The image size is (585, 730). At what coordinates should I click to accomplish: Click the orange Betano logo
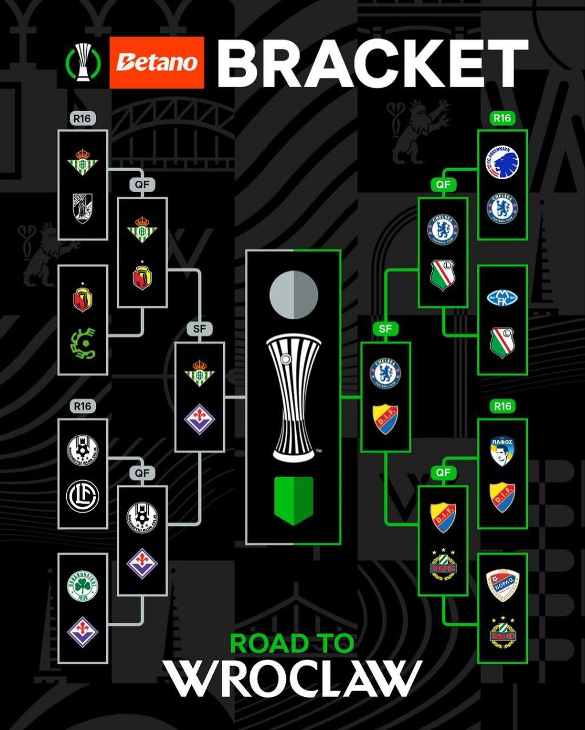click(156, 62)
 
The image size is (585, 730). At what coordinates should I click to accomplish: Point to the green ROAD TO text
click(292, 643)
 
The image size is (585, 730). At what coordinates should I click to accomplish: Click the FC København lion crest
click(502, 161)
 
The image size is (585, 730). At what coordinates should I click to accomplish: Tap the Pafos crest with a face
click(502, 451)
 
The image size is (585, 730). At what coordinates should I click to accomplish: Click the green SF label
click(385, 329)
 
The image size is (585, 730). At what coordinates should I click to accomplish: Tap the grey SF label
click(199, 329)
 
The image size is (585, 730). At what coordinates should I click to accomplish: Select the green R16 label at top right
click(502, 118)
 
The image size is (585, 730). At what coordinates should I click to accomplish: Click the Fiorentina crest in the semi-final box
click(199, 420)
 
